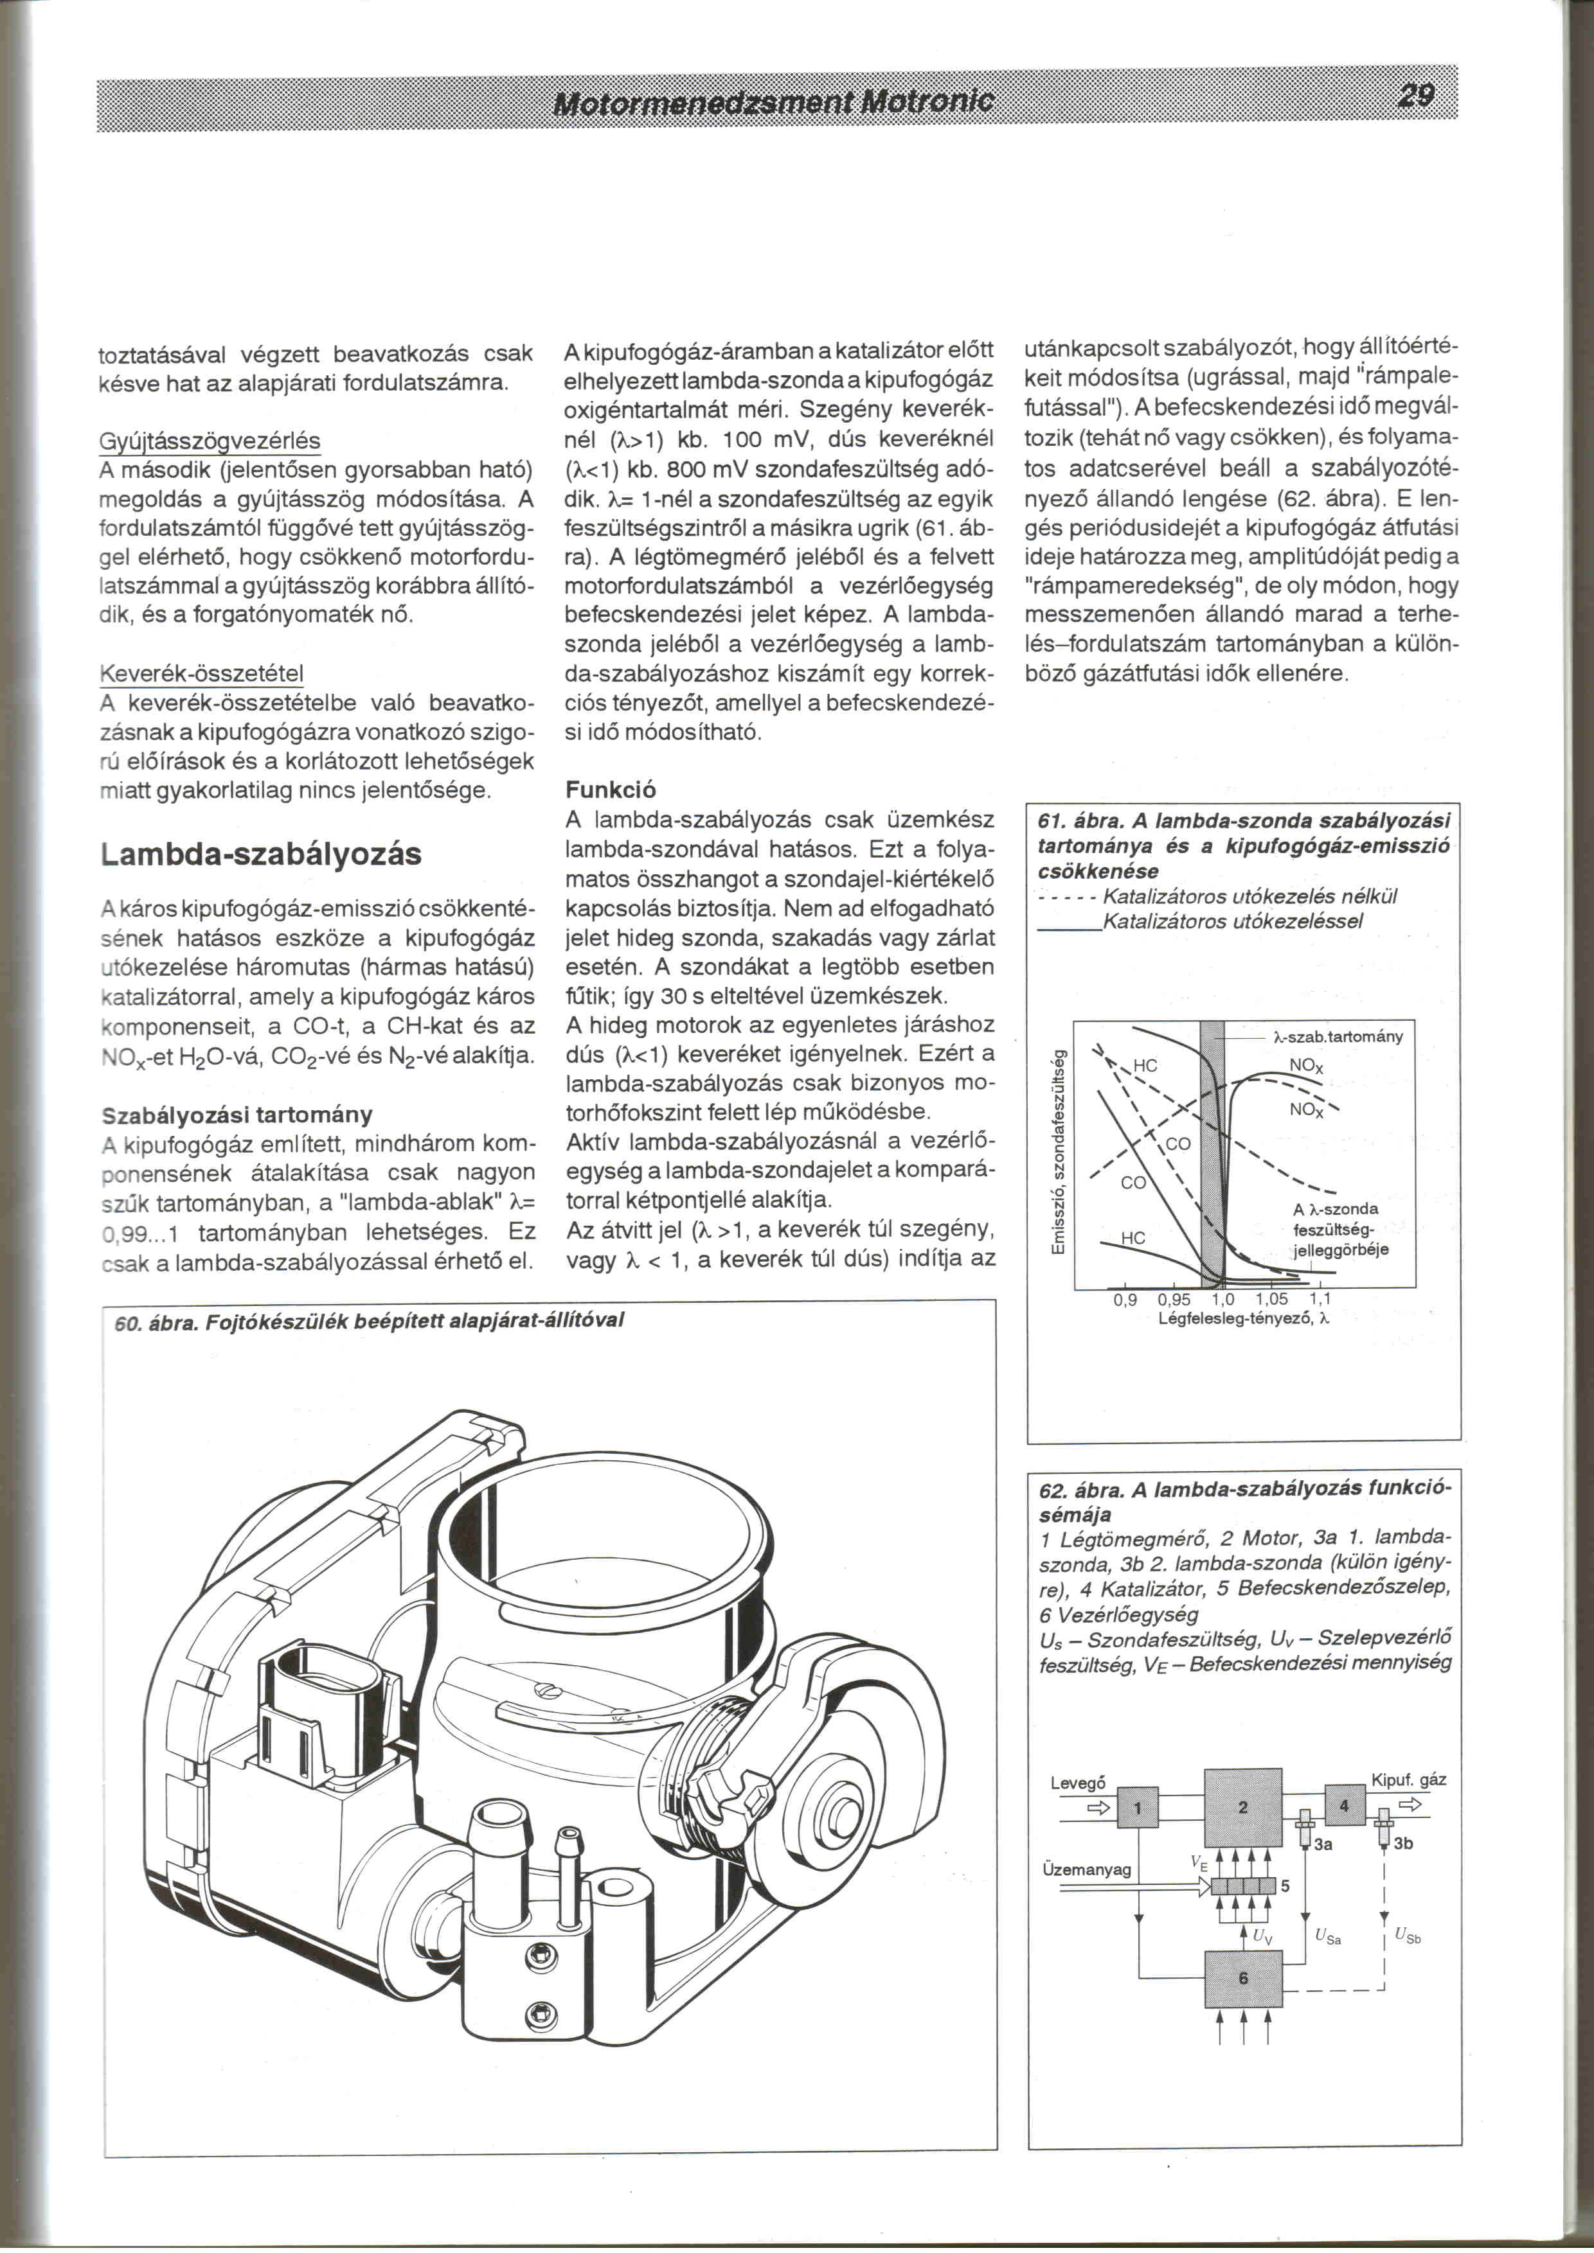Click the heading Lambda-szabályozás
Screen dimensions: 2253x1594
pos(261,854)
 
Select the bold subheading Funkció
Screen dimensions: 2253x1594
pos(611,790)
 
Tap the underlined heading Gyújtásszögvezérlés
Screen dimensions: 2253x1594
pos(211,441)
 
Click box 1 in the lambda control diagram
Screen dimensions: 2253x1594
pos(1138,1808)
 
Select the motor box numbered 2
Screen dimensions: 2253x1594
pos(1242,1808)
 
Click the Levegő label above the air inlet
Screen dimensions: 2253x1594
pos(1078,1783)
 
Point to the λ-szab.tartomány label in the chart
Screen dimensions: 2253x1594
pos(1337,1036)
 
